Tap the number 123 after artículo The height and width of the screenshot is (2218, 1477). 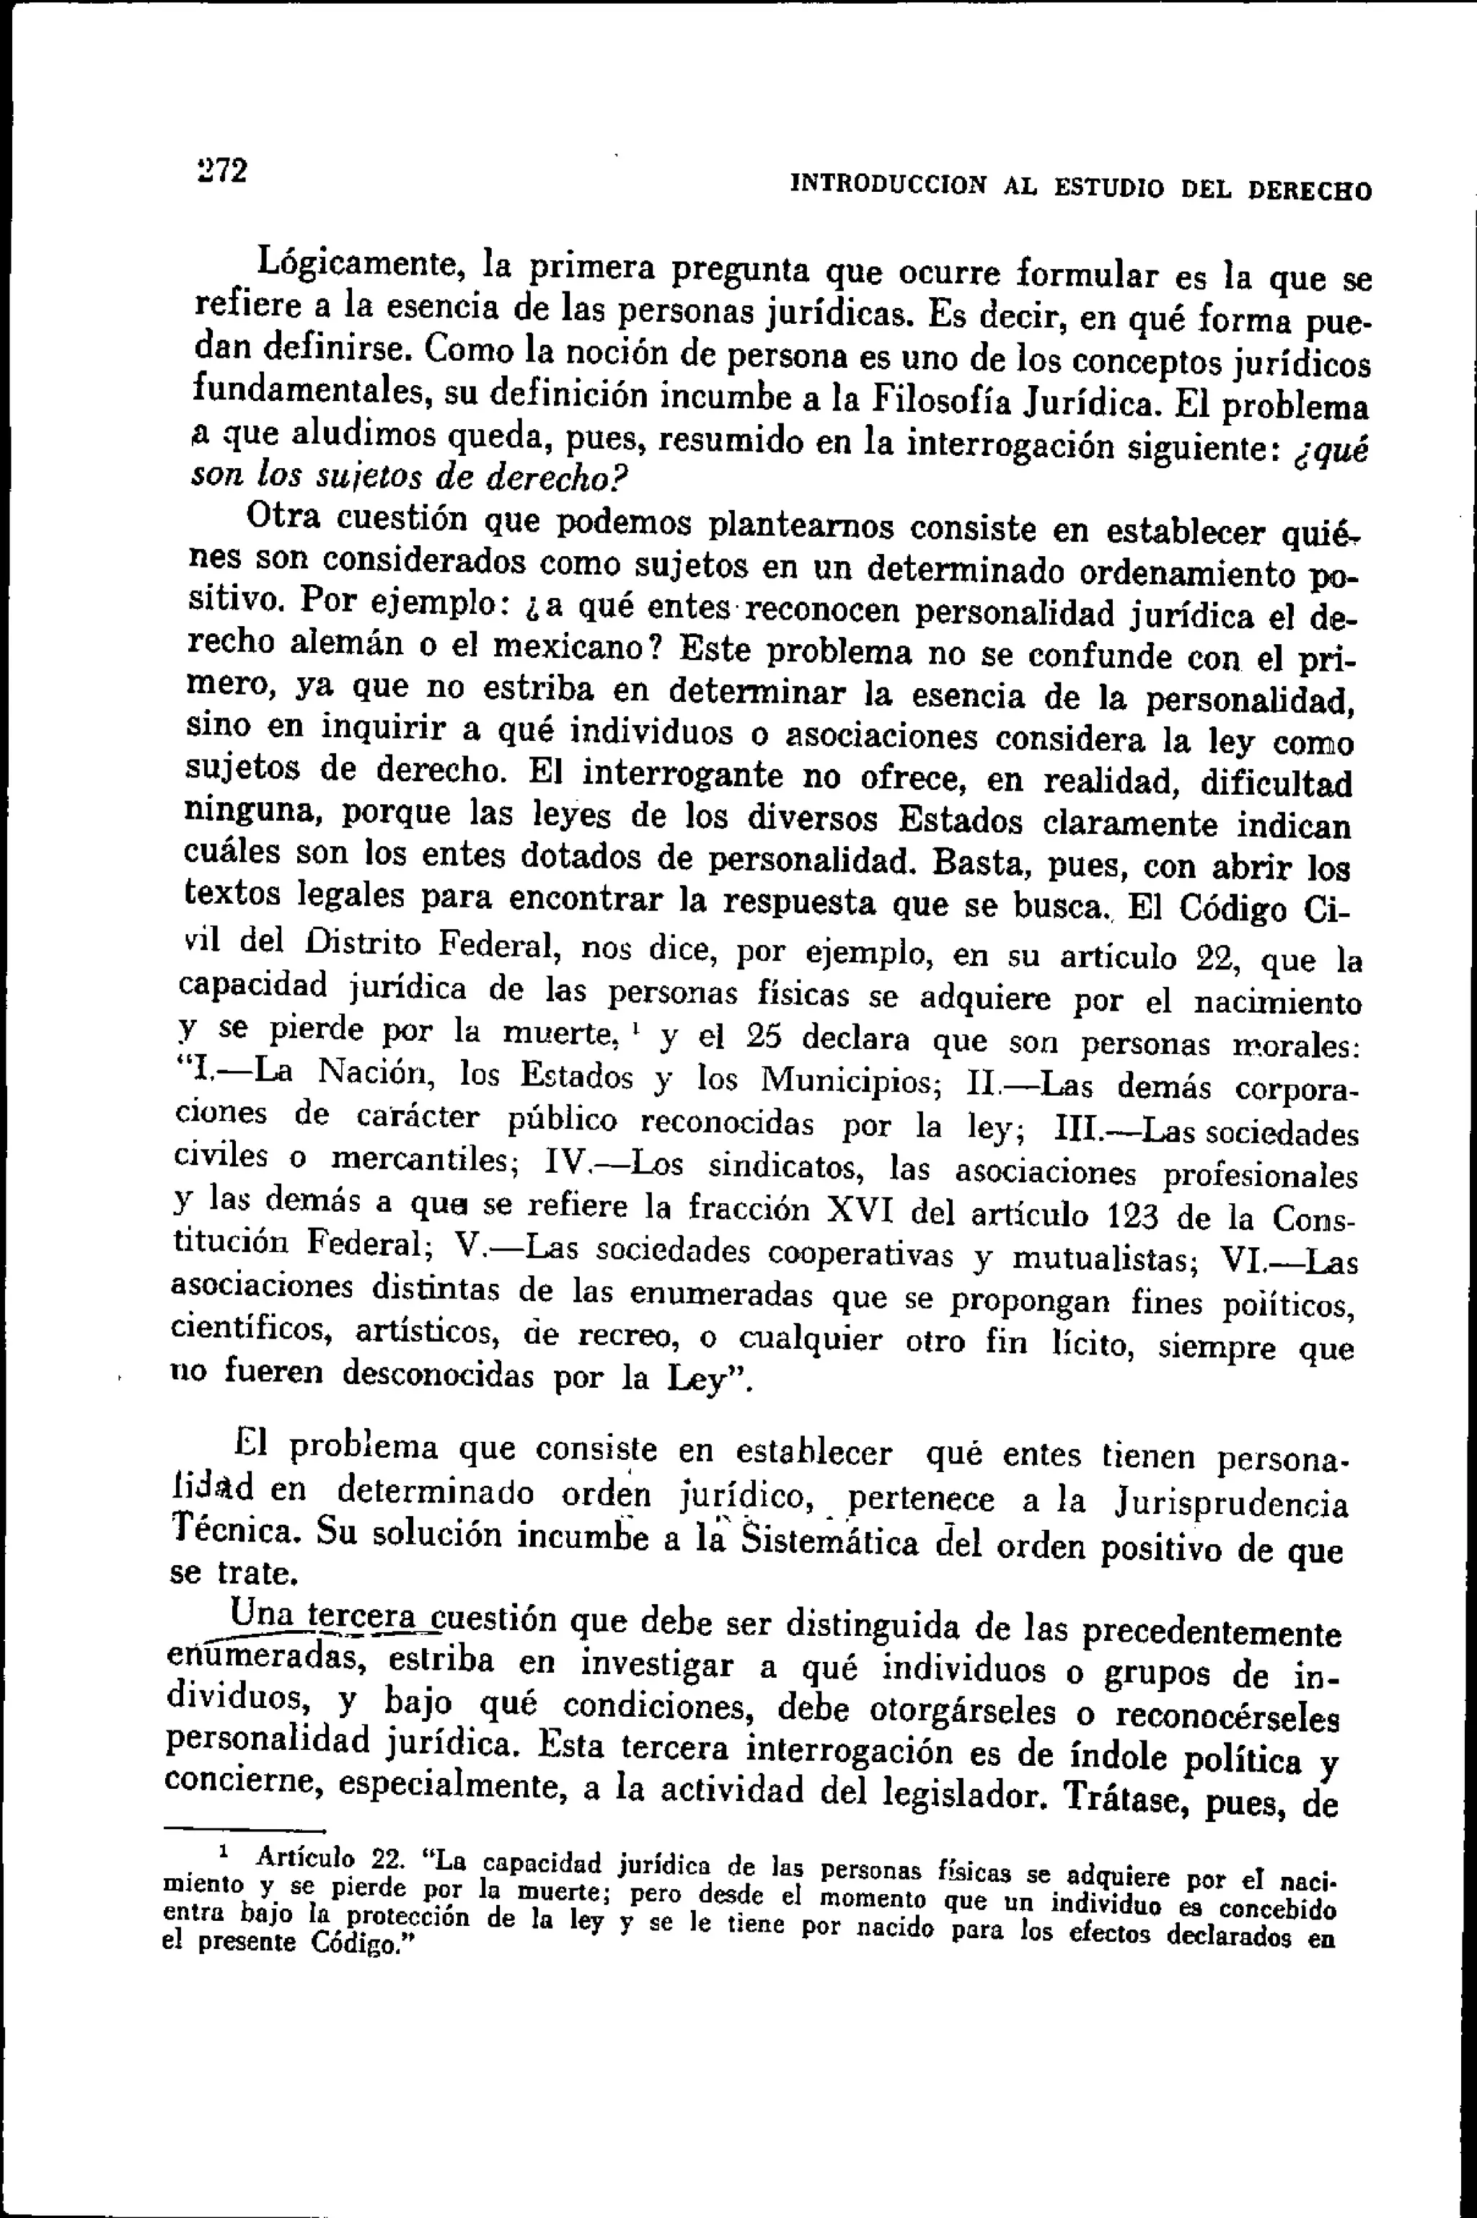[x=1129, y=1215]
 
